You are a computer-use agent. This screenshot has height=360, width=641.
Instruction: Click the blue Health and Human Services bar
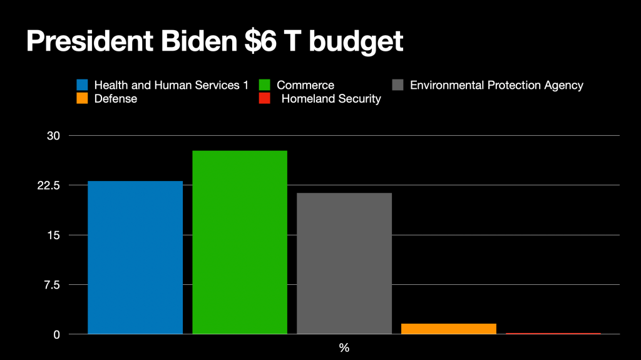pyautogui.click(x=135, y=257)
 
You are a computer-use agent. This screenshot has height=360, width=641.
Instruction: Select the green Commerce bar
pyautogui.click(x=240, y=242)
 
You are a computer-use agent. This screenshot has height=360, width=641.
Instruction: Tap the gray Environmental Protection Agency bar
pyautogui.click(x=344, y=263)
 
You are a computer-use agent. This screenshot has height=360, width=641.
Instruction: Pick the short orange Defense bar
pyautogui.click(x=448, y=329)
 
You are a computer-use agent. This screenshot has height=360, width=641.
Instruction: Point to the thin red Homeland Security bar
pyautogui.click(x=553, y=334)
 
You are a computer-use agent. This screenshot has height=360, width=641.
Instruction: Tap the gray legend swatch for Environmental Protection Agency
pyautogui.click(x=397, y=85)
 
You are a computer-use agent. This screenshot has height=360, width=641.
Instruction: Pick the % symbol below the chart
pyautogui.click(x=344, y=348)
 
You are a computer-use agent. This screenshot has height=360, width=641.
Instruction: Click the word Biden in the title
pyautogui.click(x=198, y=41)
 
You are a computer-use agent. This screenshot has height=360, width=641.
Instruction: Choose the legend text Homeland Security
pyautogui.click(x=331, y=98)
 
